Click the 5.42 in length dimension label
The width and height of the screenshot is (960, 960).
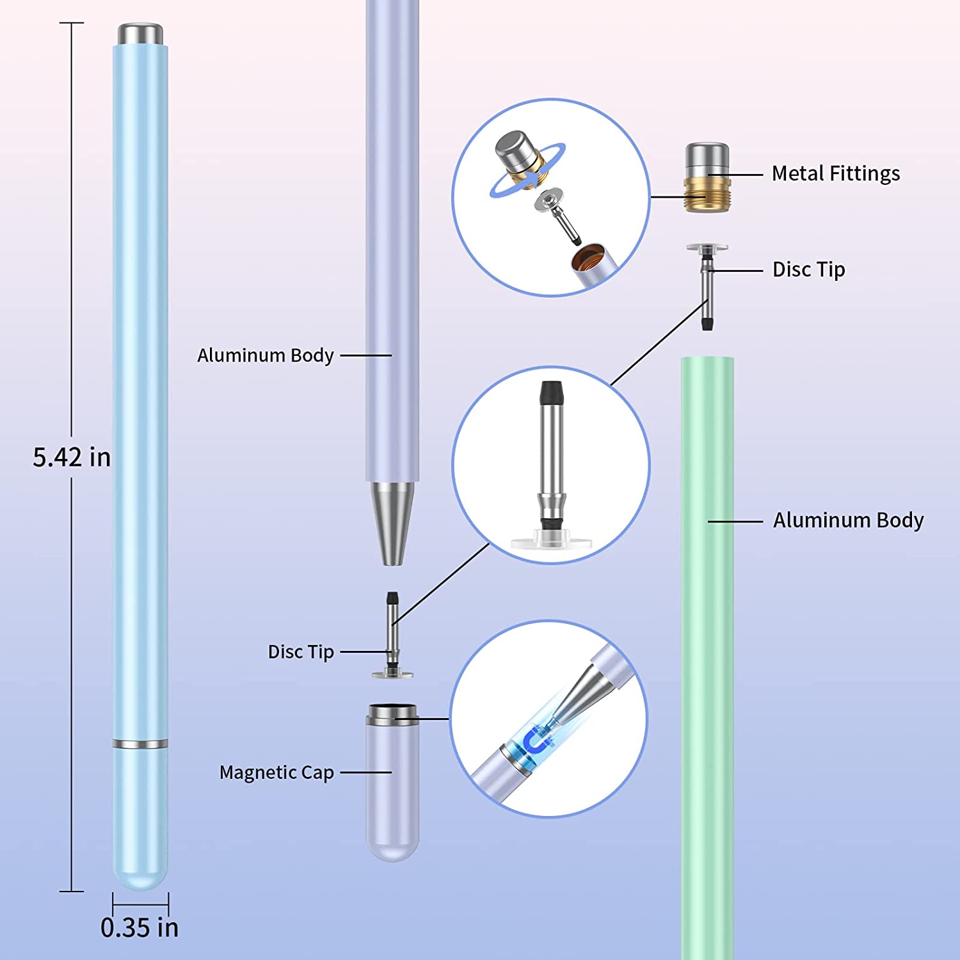72,458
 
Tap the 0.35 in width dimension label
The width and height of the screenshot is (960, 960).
140,927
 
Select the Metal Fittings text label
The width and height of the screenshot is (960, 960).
835,173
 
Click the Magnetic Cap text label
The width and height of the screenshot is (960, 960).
276,772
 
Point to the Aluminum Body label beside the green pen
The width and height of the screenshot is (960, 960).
848,520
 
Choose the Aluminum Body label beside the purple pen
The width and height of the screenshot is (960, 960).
266,355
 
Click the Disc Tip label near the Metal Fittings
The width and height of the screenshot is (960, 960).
808,269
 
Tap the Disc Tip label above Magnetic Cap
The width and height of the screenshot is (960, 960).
301,652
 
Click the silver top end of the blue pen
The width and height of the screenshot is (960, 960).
140,34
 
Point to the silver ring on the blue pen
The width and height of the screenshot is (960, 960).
140,744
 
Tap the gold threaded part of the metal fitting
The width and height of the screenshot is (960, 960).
707,195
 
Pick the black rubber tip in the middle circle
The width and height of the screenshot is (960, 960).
552,391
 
